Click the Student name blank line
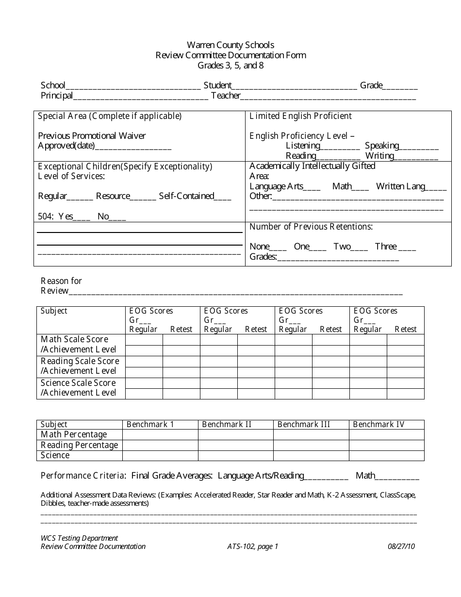(295, 87)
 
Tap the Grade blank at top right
(400, 87)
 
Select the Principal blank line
(141, 97)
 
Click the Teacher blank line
(329, 97)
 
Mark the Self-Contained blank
(223, 198)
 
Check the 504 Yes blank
(82, 218)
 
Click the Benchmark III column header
(304, 425)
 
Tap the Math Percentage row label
(74, 434)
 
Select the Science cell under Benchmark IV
(386, 455)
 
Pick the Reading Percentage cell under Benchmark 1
(160, 445)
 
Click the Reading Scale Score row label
(80, 361)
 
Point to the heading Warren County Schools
(230, 45)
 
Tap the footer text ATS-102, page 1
(252, 547)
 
